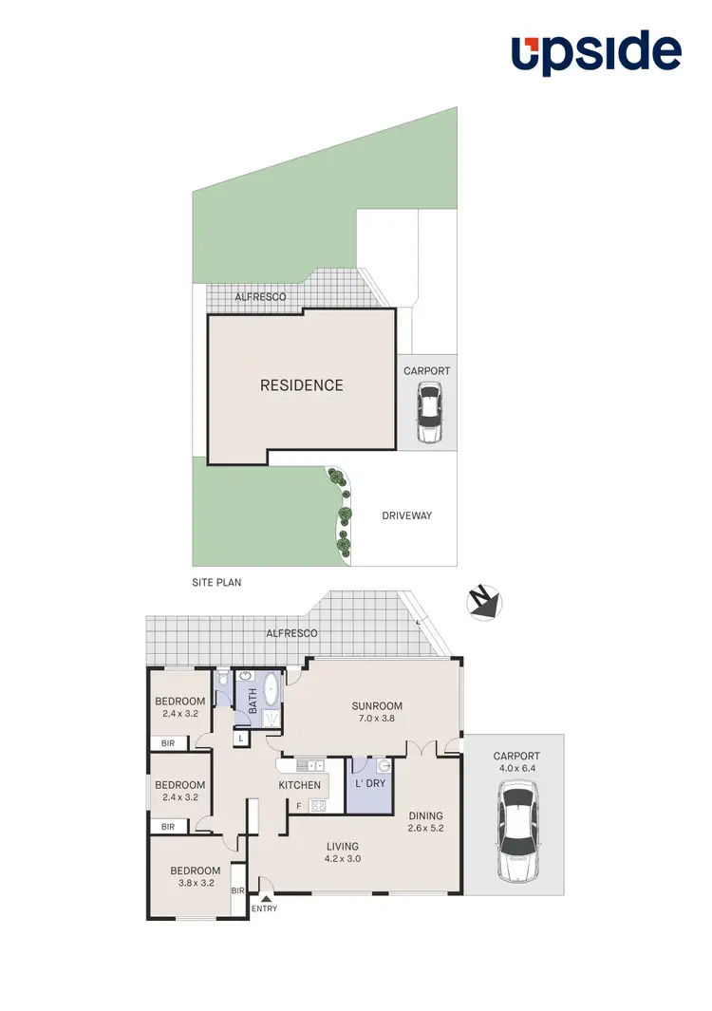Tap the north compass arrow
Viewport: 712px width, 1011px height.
[x=485, y=602]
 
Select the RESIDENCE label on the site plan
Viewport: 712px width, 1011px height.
[x=302, y=385]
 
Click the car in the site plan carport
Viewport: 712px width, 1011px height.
[x=430, y=413]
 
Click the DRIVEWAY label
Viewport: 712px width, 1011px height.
[x=406, y=515]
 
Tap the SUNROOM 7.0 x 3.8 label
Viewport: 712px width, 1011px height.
[x=377, y=712]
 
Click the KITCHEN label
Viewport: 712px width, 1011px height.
[x=299, y=785]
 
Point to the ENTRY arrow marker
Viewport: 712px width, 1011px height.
[x=265, y=896]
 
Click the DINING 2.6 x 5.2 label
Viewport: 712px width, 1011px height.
[x=425, y=822]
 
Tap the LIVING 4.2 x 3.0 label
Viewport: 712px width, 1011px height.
[x=343, y=852]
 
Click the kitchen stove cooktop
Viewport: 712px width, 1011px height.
[x=318, y=806]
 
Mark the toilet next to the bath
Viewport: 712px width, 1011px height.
[x=221, y=681]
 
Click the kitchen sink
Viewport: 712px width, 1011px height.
[x=309, y=764]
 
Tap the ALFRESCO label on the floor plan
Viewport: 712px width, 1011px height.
[x=290, y=633]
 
